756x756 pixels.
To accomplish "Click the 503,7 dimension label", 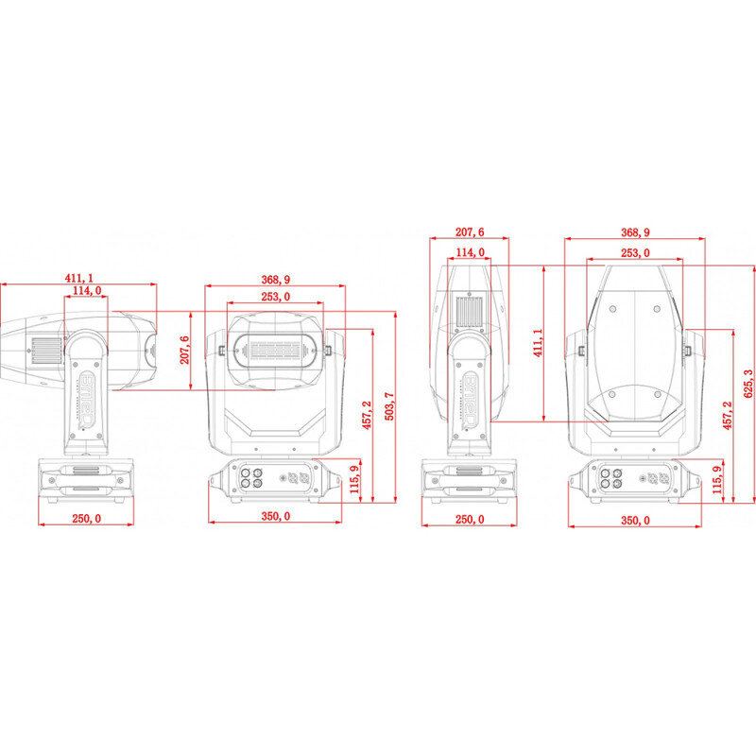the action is pyautogui.click(x=389, y=406).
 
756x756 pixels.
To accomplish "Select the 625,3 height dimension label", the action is pyautogui.click(x=747, y=384).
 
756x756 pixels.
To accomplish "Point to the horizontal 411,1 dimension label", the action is pyautogui.click(x=79, y=278).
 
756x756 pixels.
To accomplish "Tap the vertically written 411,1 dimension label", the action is pyautogui.click(x=538, y=343).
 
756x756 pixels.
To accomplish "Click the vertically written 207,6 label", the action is pyautogui.click(x=184, y=350).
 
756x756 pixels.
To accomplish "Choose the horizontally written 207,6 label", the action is pyautogui.click(x=470, y=232).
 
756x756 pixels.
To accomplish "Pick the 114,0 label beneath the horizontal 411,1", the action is pyautogui.click(x=87, y=290).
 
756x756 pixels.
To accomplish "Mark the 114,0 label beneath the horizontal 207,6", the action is pyautogui.click(x=470, y=252).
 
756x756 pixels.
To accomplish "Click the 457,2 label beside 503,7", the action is pyautogui.click(x=367, y=415).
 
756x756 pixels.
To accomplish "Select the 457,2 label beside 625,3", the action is pyautogui.click(x=727, y=415).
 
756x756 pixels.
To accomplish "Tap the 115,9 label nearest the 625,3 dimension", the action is pyautogui.click(x=717, y=479).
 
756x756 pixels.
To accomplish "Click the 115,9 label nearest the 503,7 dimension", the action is pyautogui.click(x=355, y=479).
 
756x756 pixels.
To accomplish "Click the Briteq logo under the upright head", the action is pyautogui.click(x=470, y=400).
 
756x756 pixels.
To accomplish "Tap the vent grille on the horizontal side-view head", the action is pyautogui.click(x=47, y=350).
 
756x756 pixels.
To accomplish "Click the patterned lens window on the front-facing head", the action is pyautogui.click(x=275, y=351).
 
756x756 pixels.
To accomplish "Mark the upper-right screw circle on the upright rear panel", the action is pyautogui.click(x=657, y=309).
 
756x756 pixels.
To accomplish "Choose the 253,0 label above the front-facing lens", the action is pyautogui.click(x=275, y=297).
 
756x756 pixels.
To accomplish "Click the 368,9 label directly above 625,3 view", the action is pyautogui.click(x=635, y=232).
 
